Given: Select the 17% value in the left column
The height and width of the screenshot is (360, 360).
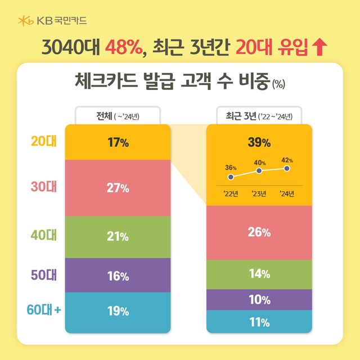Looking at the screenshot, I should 118,142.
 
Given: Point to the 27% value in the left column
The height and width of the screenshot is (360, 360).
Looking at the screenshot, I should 118,188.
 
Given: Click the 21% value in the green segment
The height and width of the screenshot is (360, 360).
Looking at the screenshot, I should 118,236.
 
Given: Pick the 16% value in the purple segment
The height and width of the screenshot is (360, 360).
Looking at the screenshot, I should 118,276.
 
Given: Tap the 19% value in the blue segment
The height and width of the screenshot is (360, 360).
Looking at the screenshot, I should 118,311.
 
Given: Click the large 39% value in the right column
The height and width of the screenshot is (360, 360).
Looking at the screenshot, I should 259,142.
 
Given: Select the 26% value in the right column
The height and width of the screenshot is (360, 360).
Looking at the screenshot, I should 259,232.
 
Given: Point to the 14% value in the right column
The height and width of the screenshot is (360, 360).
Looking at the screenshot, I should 259,274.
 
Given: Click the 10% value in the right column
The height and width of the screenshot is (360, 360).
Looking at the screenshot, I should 259,300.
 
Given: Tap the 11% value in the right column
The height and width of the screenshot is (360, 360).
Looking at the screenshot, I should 259,322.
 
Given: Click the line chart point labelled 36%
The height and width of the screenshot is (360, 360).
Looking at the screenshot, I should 231,177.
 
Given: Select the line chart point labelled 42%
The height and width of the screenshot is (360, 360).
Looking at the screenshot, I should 287,168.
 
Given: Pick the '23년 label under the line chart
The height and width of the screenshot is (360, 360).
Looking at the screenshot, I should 259,195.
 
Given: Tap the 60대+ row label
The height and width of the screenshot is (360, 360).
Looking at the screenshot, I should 43,309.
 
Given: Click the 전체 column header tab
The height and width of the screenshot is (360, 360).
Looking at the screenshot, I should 118,117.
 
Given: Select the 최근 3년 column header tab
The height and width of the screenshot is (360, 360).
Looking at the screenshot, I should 259,117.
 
